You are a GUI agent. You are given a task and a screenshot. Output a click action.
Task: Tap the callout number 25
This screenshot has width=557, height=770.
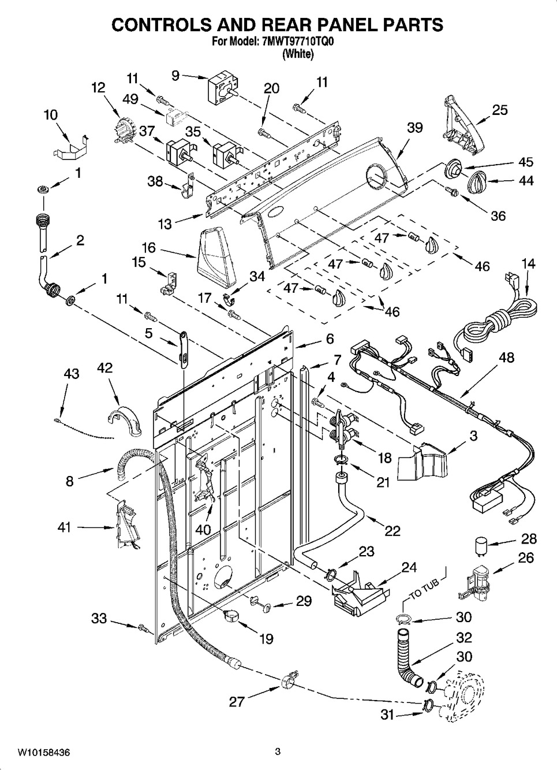pos(500,110)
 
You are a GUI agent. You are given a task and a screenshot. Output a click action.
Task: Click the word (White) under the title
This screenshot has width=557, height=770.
pos(298,54)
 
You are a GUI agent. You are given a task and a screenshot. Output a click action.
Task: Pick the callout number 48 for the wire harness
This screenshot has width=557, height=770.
pos(506,358)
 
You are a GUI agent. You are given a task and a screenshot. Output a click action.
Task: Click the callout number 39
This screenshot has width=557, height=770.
pos(414,128)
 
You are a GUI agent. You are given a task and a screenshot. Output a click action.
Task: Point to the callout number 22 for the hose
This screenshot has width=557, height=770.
pos(392,530)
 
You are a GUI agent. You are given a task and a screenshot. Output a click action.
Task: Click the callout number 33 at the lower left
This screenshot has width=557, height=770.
pos(99,619)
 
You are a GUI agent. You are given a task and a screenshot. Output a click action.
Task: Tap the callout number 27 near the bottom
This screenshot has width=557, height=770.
pos(237,701)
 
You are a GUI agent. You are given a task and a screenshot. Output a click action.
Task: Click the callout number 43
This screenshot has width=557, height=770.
pos(71,374)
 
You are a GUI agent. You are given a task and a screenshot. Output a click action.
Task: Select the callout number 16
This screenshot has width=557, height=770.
pos(148,248)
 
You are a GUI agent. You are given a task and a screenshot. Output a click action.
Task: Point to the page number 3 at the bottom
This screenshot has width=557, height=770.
pos(278,752)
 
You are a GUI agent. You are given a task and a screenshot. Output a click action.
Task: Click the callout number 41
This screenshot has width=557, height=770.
pos(64,527)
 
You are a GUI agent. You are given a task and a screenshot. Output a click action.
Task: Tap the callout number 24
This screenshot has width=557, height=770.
pos(409,567)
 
